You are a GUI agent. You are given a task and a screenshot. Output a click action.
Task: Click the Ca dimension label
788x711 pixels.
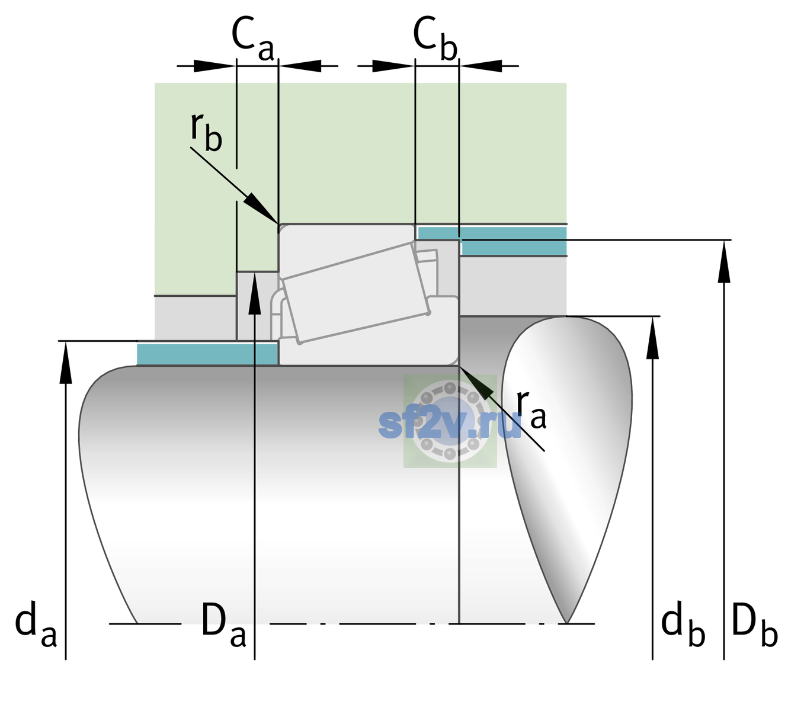click(x=252, y=39)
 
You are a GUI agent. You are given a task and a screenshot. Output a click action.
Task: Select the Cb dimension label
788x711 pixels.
click(x=435, y=39)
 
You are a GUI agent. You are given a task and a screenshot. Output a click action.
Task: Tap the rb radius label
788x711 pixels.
click(x=206, y=132)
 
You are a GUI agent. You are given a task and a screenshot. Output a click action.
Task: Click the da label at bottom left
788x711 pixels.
click(x=36, y=624)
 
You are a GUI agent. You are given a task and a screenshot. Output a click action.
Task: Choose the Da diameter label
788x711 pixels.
click(x=223, y=624)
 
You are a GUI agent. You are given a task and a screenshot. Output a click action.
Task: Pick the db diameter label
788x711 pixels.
click(x=683, y=624)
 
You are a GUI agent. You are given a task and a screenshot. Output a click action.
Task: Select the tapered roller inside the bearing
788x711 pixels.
click(x=356, y=293)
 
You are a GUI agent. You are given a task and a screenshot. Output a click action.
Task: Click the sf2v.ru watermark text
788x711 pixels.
click(x=450, y=425)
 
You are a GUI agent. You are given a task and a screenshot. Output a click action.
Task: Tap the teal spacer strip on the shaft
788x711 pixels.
click(x=207, y=354)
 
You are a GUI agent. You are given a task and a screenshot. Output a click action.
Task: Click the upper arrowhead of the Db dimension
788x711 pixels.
click(x=724, y=261)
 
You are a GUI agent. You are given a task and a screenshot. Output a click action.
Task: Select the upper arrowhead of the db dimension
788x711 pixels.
click(x=652, y=338)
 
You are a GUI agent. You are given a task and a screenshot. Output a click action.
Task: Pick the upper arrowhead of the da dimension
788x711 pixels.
click(x=66, y=362)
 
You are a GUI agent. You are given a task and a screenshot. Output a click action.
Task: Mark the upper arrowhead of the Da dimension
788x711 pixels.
click(x=255, y=293)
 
